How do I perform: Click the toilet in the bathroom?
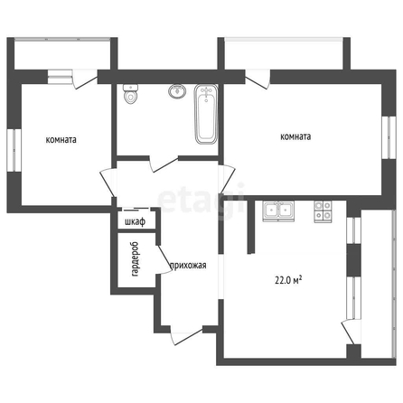(x=131, y=94)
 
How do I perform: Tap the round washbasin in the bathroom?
(x=177, y=91)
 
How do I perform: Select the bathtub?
(x=206, y=114)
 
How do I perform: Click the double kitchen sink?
(x=278, y=211)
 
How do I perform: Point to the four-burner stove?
(x=323, y=211)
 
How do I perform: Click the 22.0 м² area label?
(x=288, y=280)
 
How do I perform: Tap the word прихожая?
(x=188, y=266)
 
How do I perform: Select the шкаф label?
(x=136, y=222)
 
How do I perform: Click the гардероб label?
(x=135, y=259)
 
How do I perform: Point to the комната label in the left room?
(x=61, y=140)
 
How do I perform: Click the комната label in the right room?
(x=295, y=136)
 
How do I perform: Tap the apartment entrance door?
(x=187, y=335)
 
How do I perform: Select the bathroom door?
(x=164, y=164)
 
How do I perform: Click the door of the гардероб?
(x=164, y=259)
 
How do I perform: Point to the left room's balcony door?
(x=85, y=80)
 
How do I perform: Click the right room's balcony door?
(x=258, y=80)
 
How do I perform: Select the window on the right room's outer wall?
(x=389, y=137)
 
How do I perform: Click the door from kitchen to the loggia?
(x=351, y=332)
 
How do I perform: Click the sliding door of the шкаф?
(x=136, y=209)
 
